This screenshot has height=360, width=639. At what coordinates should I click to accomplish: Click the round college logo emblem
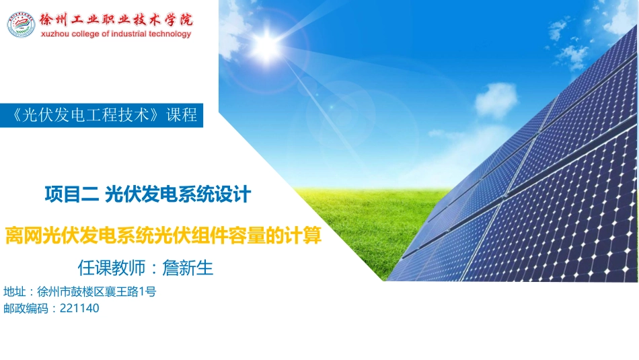click(22, 24)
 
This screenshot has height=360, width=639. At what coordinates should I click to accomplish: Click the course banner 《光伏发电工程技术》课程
click(101, 115)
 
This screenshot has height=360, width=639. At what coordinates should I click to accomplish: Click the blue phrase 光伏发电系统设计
click(178, 195)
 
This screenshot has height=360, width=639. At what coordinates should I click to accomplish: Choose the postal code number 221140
click(79, 309)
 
